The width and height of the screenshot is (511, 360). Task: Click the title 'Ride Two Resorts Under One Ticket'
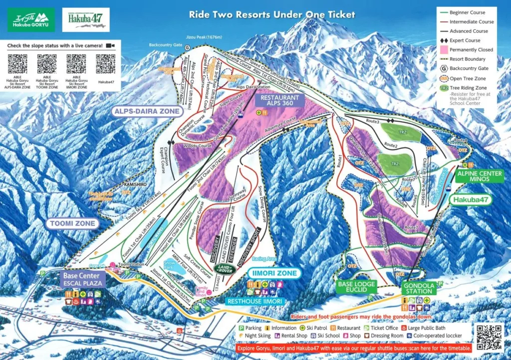[x=272, y=14]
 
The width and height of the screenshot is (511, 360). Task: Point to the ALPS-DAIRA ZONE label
[x=147, y=111]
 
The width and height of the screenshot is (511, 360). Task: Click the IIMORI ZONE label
[x=273, y=273]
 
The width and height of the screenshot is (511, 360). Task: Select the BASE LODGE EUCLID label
[x=357, y=287]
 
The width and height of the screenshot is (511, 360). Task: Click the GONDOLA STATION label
[x=419, y=288]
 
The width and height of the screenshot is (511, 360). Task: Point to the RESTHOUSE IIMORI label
[x=255, y=301]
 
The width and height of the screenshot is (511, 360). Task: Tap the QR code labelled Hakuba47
[x=105, y=64]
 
